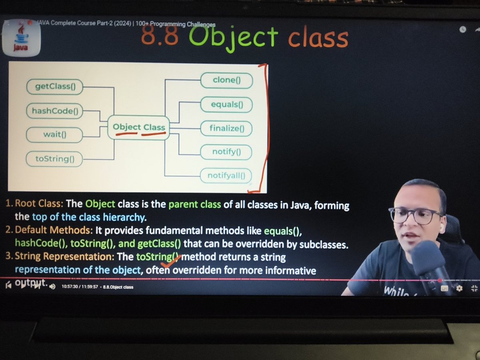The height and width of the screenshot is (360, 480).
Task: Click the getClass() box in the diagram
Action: tap(55, 86)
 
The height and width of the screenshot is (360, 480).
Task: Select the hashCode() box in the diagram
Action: tap(55, 111)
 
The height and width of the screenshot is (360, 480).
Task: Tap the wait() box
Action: tap(55, 134)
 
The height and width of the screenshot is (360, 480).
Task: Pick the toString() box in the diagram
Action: tap(55, 159)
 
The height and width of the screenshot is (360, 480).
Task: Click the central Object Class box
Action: tap(139, 128)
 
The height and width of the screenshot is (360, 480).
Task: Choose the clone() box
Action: tap(226, 80)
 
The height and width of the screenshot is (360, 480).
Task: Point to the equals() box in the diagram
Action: tap(226, 105)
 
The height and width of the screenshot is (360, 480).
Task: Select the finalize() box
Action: tap(226, 129)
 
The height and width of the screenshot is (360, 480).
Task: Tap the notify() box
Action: tap(226, 152)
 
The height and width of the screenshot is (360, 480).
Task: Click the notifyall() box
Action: tap(226, 175)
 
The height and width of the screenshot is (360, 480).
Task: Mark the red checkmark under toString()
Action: tap(171, 263)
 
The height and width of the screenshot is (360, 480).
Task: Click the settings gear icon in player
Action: tap(459, 288)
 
